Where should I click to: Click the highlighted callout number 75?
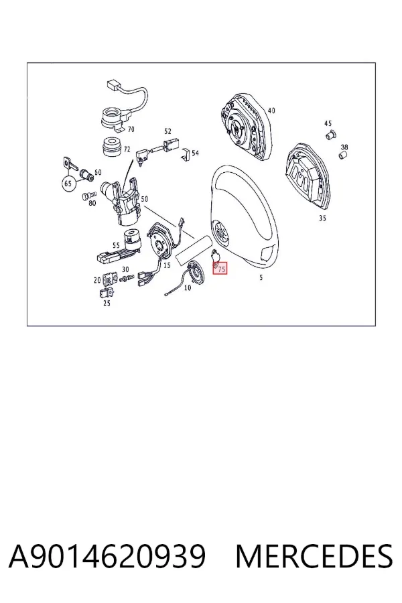pyautogui.click(x=221, y=269)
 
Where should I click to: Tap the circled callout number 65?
pyautogui.click(x=68, y=184)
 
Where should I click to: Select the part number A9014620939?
pyautogui.click(x=107, y=557)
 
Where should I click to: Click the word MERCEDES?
pyautogui.click(x=314, y=557)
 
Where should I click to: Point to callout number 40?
pyautogui.click(x=271, y=111)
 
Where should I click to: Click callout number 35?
pyautogui.click(x=322, y=218)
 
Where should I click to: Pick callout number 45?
pyautogui.click(x=328, y=123)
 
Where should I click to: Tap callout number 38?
pyautogui.click(x=344, y=147)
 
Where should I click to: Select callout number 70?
pyautogui.click(x=131, y=129)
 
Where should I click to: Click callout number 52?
pyautogui.click(x=167, y=131)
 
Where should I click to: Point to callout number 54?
pyautogui.click(x=195, y=153)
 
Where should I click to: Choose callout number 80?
pyautogui.click(x=92, y=203)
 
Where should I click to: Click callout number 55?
pyautogui.click(x=116, y=245)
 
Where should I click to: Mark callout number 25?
pyautogui.click(x=107, y=303)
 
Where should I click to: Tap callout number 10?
pyautogui.click(x=188, y=287)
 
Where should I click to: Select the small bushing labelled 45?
pyautogui.click(x=331, y=135)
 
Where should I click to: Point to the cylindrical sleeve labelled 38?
pyautogui.click(x=343, y=155)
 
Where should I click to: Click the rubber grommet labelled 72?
pyautogui.click(x=113, y=147)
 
